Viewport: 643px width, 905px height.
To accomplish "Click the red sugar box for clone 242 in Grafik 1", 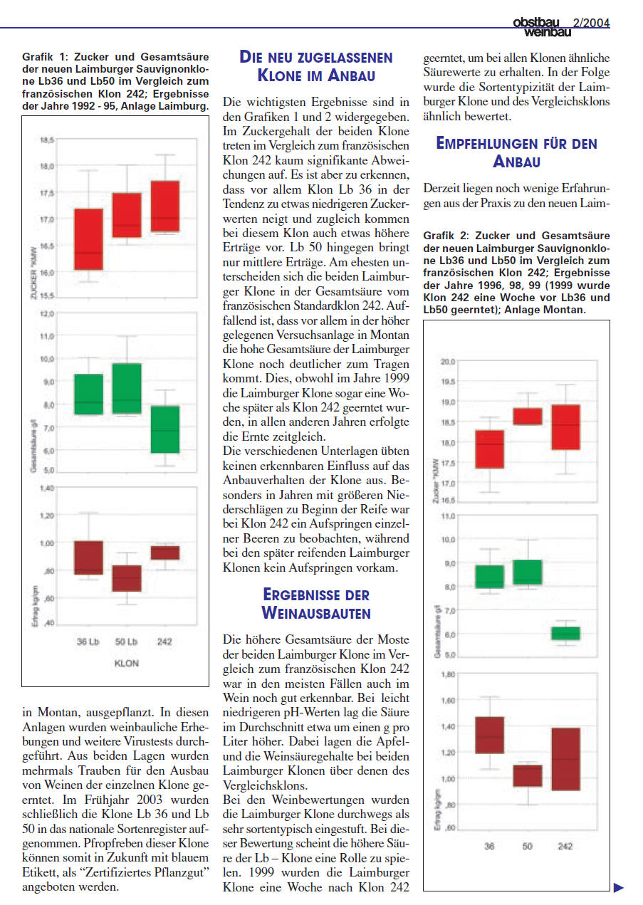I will pos(166,206).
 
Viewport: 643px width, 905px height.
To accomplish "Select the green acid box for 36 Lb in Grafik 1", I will pos(89,394).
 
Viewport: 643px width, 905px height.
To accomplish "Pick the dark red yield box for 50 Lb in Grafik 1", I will pos(127,578).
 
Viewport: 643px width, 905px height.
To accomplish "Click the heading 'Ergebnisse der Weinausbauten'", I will pos(316,602).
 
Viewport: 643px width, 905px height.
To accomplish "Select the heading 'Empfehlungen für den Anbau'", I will pos(516,152).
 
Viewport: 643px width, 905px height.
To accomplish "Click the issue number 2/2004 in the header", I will pos(591,23).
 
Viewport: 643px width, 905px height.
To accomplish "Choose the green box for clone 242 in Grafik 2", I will pos(566,633).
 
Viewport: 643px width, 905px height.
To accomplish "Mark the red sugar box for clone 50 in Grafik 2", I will pos(528,416).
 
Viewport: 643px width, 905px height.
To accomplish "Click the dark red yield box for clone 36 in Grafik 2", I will pos(489,735).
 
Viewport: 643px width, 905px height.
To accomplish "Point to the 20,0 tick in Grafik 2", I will pos(448,362).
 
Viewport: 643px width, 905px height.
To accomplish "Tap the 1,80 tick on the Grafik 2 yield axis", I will pos(448,674).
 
